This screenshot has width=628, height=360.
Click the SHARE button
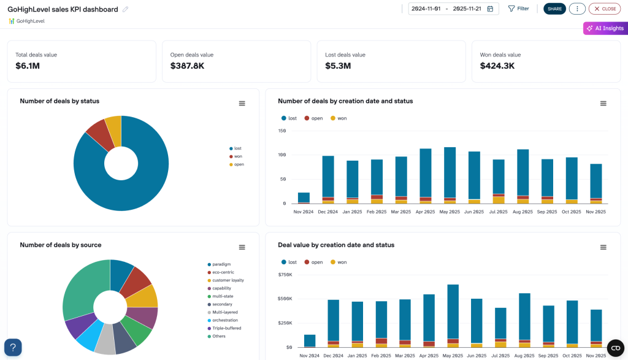pyautogui.click(x=554, y=9)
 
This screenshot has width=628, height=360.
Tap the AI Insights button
pyautogui.click(x=605, y=28)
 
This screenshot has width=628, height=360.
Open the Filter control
pyautogui.click(x=518, y=9)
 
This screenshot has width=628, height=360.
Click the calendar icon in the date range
pyautogui.click(x=492, y=9)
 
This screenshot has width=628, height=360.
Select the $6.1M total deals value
pyautogui.click(x=28, y=66)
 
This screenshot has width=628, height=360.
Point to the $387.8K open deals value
pyautogui.click(x=187, y=66)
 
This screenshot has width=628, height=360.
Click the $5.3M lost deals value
pyautogui.click(x=338, y=66)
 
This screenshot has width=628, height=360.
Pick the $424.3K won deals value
pyautogui.click(x=497, y=66)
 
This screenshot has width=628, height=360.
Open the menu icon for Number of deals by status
pyautogui.click(x=242, y=104)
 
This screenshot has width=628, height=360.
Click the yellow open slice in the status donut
pyautogui.click(x=113, y=126)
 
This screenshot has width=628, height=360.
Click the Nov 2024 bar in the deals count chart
pyautogui.click(x=304, y=197)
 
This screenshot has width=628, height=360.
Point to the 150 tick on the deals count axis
pyautogui.click(x=282, y=131)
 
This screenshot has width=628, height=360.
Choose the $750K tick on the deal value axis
pyautogui.click(x=285, y=274)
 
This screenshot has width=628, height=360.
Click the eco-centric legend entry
pyautogui.click(x=224, y=272)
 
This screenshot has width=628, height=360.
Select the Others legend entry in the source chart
pyautogui.click(x=219, y=336)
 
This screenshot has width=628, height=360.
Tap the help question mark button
pyautogui.click(x=13, y=347)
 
